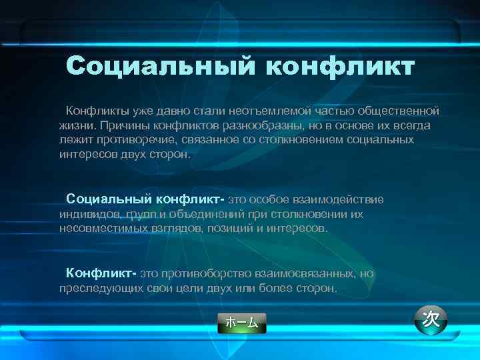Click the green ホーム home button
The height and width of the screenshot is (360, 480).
(x=241, y=323)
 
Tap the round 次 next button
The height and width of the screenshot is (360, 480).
(x=431, y=319)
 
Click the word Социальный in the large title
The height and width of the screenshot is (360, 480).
(x=160, y=67)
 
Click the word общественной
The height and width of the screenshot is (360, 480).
(x=399, y=110)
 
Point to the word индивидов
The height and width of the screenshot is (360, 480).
(x=89, y=214)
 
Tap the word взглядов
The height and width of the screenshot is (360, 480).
(x=178, y=228)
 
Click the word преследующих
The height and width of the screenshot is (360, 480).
(x=94, y=289)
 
